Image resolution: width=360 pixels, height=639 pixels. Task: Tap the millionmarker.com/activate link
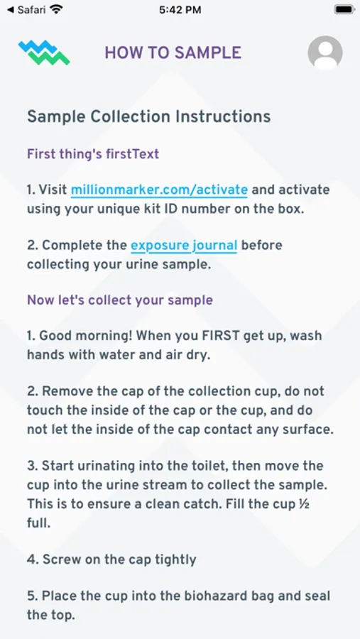pos(159,190)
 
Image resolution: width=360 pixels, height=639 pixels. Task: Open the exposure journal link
pos(183,246)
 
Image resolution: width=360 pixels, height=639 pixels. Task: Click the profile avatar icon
pos(325,53)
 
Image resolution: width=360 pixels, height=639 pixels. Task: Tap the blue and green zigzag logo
pos(44,53)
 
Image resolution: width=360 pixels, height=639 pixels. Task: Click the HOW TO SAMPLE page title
pos(173,53)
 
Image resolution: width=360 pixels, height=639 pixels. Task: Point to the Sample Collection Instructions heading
pos(149,116)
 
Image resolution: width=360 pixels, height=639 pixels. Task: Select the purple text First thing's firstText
pos(93,154)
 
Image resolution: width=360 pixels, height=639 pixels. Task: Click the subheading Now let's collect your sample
pos(120,300)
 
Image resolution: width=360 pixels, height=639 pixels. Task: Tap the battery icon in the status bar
pos(345,9)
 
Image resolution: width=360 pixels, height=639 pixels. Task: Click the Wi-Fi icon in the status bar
pos(56,9)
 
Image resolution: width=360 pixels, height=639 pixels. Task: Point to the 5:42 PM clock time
pos(180,10)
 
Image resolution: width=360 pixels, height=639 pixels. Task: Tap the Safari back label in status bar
pos(27,9)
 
